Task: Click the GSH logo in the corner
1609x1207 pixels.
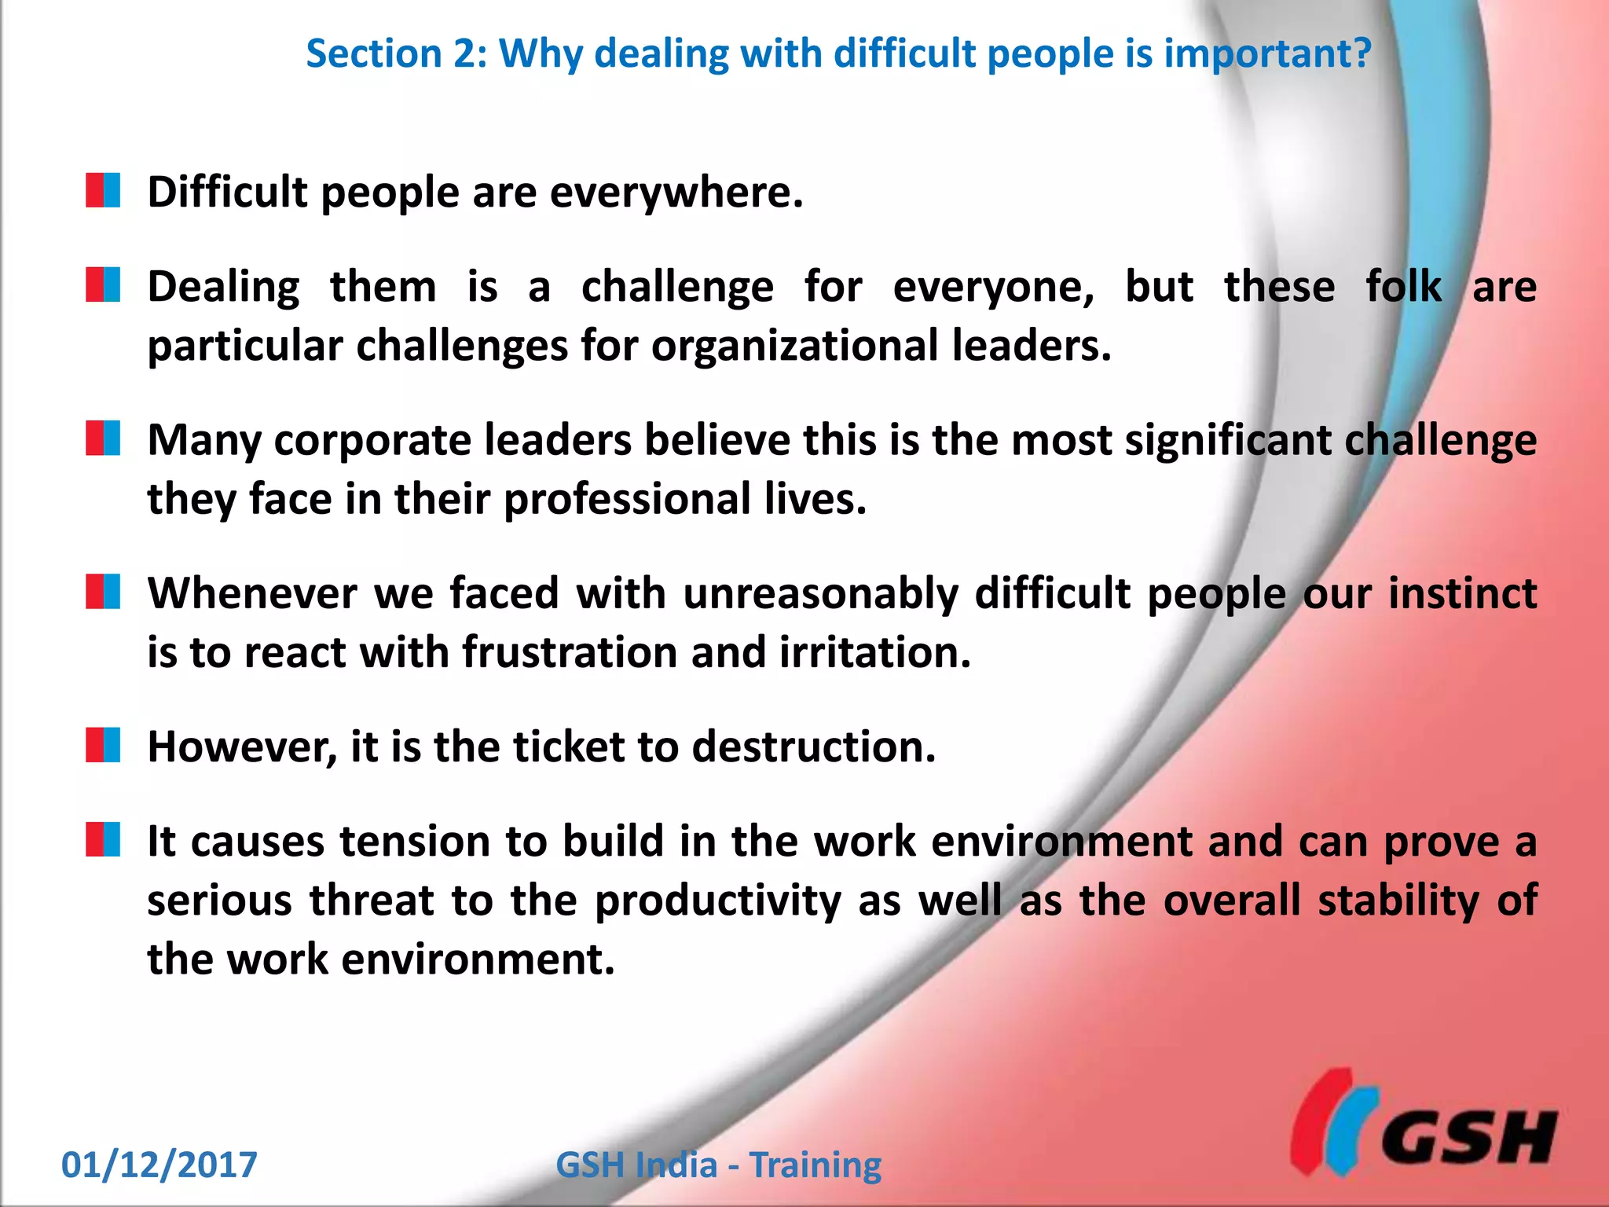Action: [1424, 1122]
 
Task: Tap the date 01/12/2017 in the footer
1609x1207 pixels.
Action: [159, 1165]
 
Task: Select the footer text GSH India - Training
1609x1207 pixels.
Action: [718, 1165]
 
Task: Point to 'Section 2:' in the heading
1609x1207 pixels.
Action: [397, 54]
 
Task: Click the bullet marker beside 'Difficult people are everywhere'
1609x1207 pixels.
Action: [103, 190]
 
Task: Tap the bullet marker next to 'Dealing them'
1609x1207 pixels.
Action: [103, 284]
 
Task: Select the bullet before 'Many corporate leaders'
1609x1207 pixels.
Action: [103, 438]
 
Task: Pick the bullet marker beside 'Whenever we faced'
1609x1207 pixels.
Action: [103, 591]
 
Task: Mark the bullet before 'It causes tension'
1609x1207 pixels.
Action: [103, 838]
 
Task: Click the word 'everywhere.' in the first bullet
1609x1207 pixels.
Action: [676, 193]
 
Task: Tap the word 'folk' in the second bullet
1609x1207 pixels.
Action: [1403, 286]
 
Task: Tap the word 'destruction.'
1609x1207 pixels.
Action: [814, 747]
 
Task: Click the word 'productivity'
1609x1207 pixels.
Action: [718, 901]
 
